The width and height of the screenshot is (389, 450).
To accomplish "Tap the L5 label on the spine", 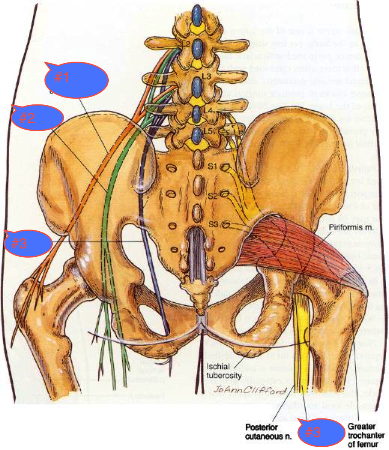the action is (x=207, y=131).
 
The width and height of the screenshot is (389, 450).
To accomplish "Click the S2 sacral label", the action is (x=212, y=196).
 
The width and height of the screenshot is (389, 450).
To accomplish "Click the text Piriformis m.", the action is (x=347, y=227).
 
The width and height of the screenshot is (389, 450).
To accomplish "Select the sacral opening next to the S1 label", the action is (x=226, y=166).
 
